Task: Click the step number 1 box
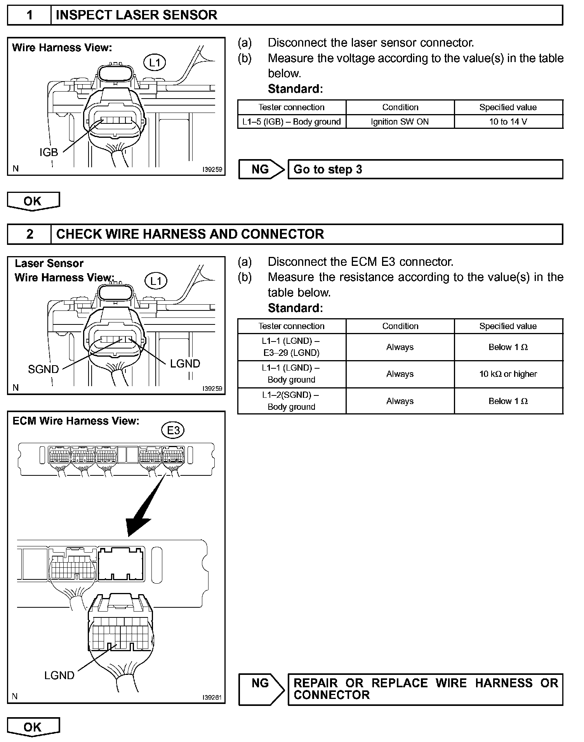pyautogui.click(x=30, y=15)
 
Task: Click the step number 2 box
pyautogui.click(x=30, y=234)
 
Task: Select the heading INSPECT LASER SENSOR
pyautogui.click(x=137, y=15)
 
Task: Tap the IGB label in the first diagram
pyautogui.click(x=49, y=152)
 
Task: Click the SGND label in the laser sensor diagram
pyautogui.click(x=43, y=369)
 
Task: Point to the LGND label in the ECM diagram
pyautogui.click(x=59, y=675)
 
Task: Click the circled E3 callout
pyautogui.click(x=173, y=430)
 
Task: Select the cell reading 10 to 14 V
pyautogui.click(x=508, y=121)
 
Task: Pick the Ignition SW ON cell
pyautogui.click(x=400, y=121)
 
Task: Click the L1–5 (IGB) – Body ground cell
pyautogui.click(x=291, y=121)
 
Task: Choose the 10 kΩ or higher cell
pyautogui.click(x=508, y=374)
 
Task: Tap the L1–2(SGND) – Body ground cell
pyautogui.click(x=291, y=401)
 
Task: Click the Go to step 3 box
pyautogui.click(x=425, y=169)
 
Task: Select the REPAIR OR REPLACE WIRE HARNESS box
pyautogui.click(x=425, y=689)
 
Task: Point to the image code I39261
pyautogui.click(x=212, y=697)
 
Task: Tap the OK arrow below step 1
pyautogui.click(x=33, y=201)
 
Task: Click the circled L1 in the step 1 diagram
pyautogui.click(x=155, y=62)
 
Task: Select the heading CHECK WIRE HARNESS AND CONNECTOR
pyautogui.click(x=190, y=234)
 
